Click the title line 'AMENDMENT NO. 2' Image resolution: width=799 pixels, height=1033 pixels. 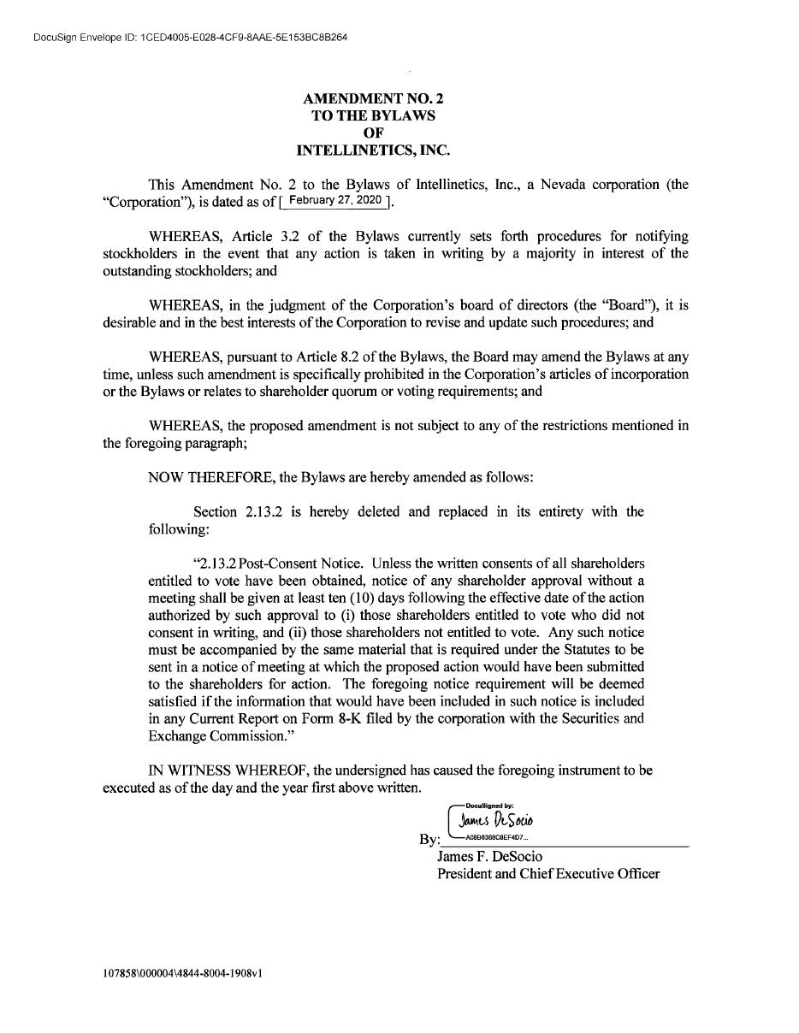[373, 98]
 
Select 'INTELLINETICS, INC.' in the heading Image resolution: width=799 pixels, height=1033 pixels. [373, 151]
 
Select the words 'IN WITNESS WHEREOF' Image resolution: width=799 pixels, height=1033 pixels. [228, 770]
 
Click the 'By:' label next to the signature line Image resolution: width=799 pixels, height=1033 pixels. [429, 840]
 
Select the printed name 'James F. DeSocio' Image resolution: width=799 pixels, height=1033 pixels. [489, 856]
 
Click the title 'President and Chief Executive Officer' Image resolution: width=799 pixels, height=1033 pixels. [547, 873]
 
